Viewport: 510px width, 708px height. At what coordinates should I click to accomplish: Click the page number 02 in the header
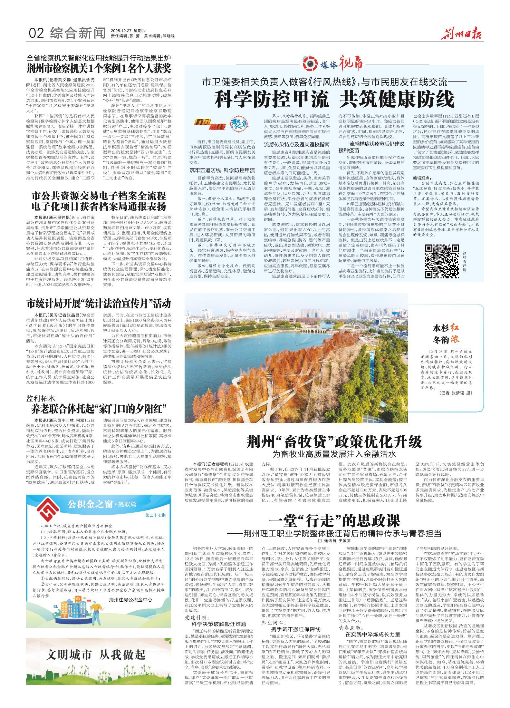pyautogui.click(x=36, y=33)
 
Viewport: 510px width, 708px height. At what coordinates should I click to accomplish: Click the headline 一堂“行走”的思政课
pyautogui.click(x=334, y=521)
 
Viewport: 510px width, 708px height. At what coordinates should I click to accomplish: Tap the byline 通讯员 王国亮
pyautogui.click(x=334, y=540)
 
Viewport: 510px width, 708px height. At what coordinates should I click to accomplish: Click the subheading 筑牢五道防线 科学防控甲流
pyautogui.click(x=222, y=170)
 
